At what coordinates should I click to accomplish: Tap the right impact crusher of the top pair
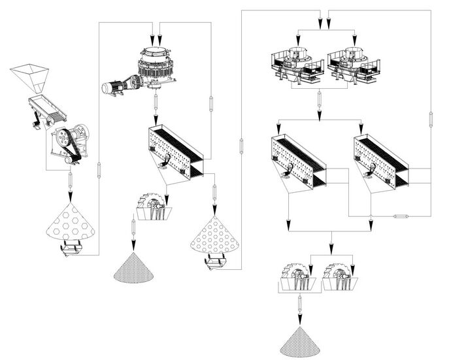point(353,65)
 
